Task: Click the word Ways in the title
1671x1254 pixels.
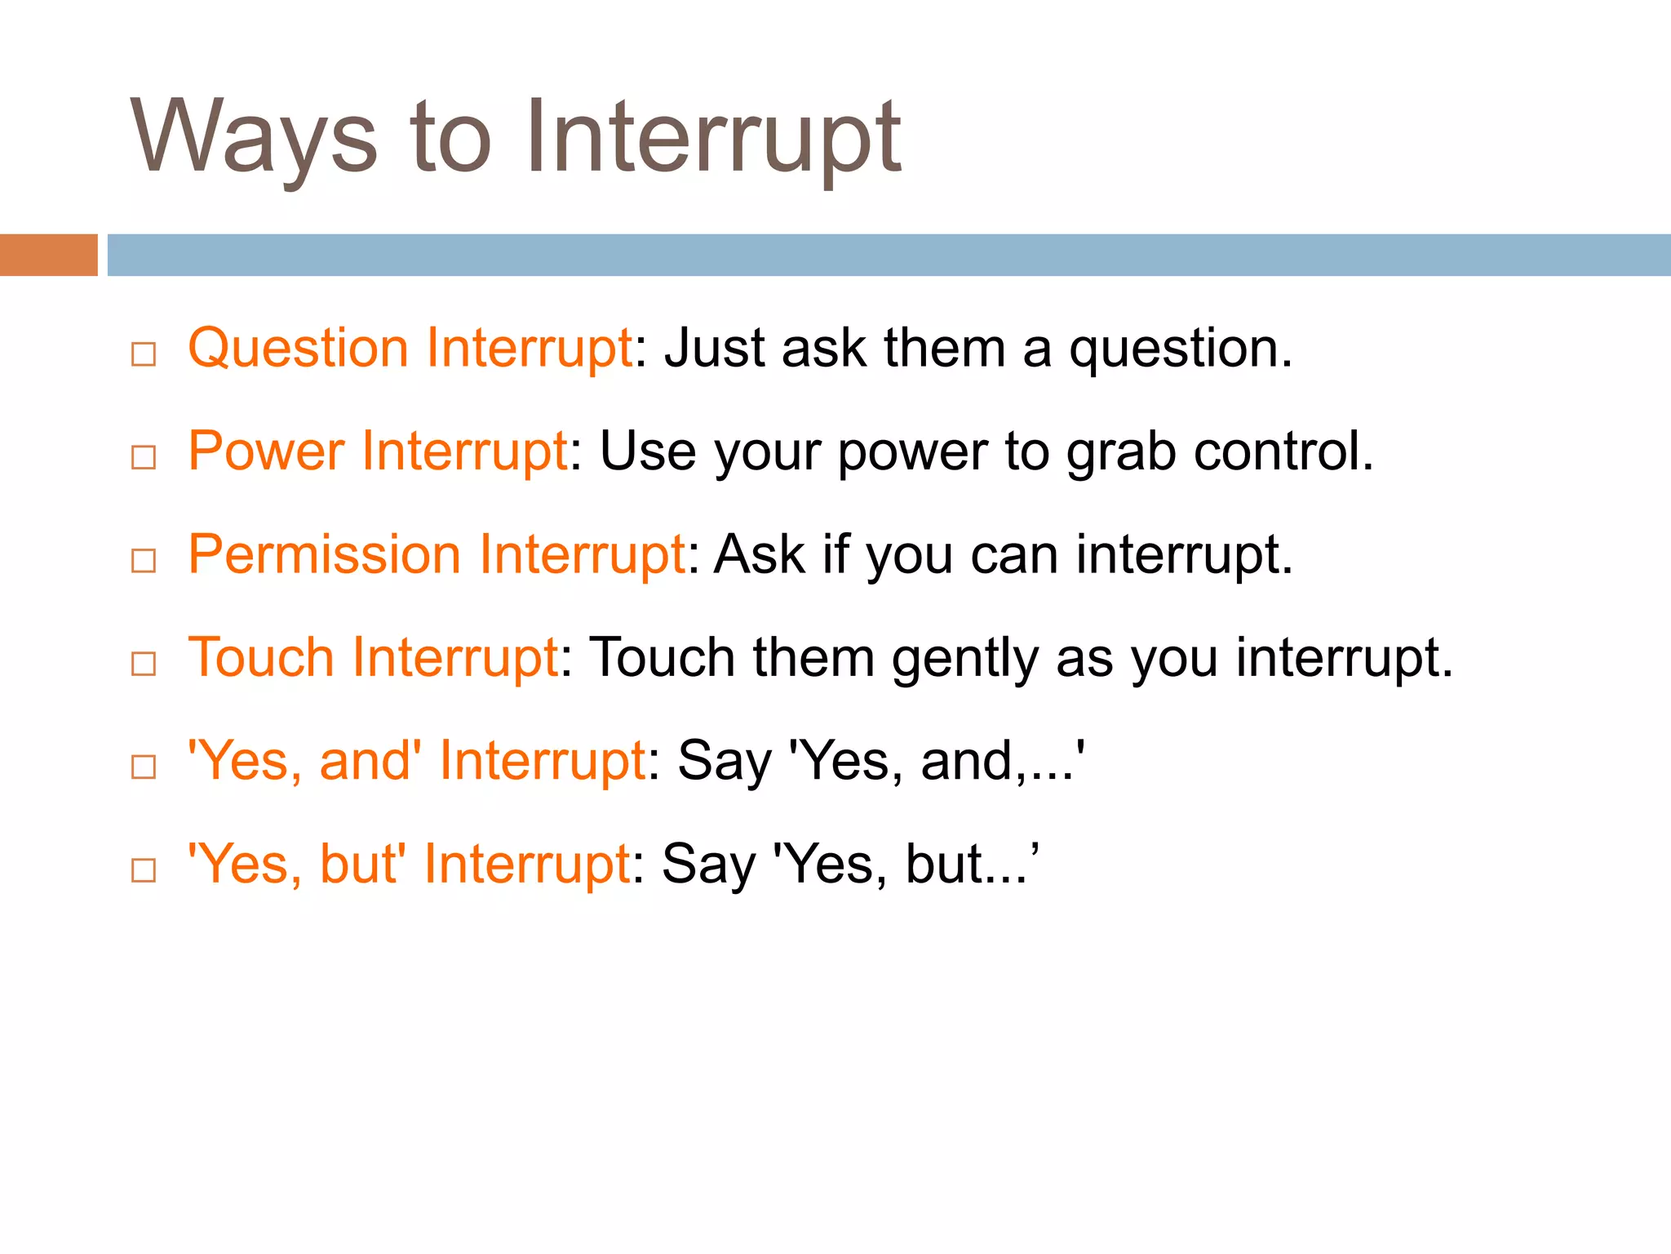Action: coord(253,137)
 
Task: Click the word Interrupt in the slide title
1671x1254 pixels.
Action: coord(712,137)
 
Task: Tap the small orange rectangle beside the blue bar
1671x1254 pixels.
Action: coord(48,255)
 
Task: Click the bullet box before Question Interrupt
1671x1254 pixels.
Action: coord(144,354)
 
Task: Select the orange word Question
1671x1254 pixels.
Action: coord(298,349)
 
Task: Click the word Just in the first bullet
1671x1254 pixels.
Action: coord(714,348)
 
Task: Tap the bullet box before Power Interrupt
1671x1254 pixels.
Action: coord(144,457)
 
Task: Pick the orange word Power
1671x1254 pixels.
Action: coord(266,451)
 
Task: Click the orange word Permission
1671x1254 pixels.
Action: coord(324,555)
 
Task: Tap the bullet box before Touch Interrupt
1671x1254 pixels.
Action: coord(144,664)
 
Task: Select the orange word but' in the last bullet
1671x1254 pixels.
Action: coord(362,864)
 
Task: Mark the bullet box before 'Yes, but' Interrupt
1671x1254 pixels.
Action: coord(144,870)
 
